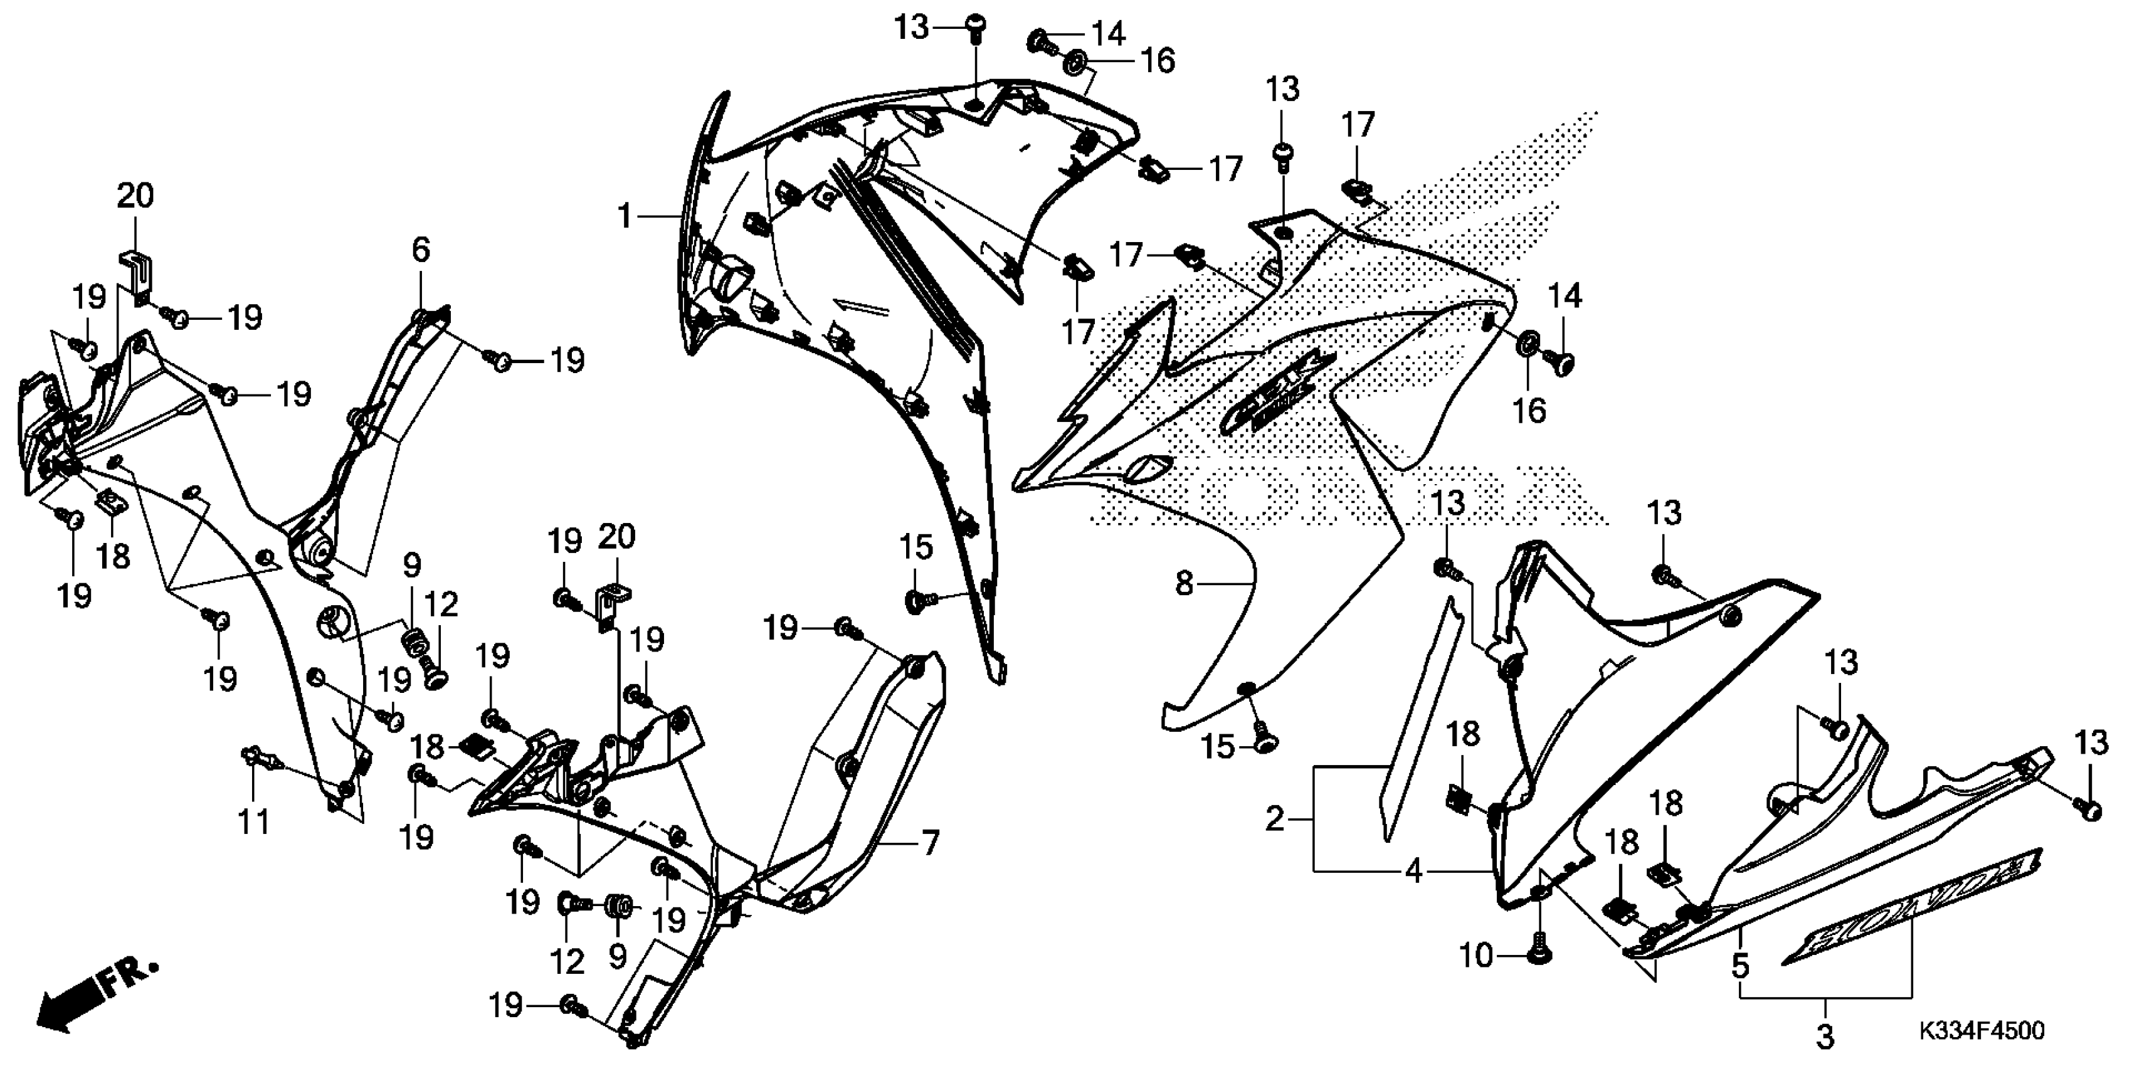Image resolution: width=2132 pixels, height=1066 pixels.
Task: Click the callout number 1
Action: (626, 217)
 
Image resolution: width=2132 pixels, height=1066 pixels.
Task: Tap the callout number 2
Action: (1275, 820)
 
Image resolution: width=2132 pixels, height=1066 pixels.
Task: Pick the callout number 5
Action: (1741, 965)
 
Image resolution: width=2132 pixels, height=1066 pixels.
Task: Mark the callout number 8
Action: (1185, 584)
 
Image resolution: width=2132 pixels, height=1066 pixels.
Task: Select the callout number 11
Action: (254, 822)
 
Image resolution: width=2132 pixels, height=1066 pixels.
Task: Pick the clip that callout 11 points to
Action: (255, 756)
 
